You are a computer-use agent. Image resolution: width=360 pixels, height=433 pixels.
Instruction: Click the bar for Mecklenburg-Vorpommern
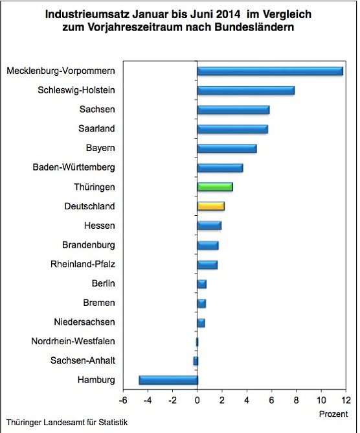point(270,71)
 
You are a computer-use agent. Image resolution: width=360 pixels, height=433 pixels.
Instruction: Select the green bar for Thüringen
point(215,187)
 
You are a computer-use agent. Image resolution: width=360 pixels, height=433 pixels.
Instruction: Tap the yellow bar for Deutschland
point(211,206)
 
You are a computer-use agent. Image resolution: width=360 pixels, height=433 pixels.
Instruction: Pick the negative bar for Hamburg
point(168,380)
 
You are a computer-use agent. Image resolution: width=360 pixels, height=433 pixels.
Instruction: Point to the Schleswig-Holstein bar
point(246,90)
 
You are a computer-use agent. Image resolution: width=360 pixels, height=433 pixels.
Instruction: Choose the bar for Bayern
point(227,148)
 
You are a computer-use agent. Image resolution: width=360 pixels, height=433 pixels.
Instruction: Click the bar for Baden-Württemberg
point(220,168)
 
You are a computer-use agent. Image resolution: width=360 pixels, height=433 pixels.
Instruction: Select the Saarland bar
point(232,129)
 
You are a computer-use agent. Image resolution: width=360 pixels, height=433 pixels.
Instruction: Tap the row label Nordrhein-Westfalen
point(73,341)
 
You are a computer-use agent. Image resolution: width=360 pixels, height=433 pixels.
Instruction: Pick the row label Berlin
point(104,283)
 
